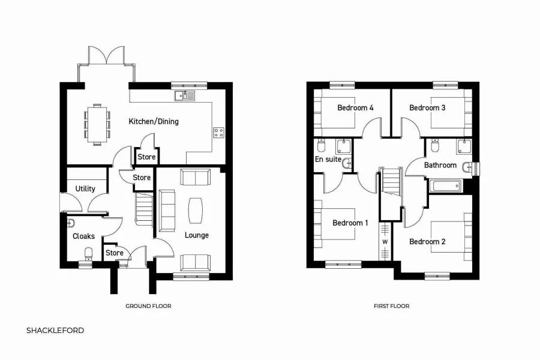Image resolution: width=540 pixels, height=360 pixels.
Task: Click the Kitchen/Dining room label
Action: tap(154, 121)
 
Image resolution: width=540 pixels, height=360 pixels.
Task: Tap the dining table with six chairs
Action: tap(97, 124)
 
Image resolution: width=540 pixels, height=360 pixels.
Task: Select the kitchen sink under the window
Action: tap(185, 95)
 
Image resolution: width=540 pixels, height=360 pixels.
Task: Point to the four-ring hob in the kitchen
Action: tap(218, 133)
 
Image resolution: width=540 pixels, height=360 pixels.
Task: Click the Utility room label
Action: tap(85, 188)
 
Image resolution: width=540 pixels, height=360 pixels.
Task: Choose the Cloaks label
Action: tap(83, 236)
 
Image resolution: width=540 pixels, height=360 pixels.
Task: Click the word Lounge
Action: tap(196, 235)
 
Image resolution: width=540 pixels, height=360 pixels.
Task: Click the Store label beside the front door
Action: tap(114, 253)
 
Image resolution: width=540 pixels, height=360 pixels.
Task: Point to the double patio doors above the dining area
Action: tap(107, 56)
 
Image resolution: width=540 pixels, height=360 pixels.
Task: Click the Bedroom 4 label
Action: tap(355, 108)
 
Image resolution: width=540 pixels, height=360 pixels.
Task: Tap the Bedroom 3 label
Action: tap(427, 108)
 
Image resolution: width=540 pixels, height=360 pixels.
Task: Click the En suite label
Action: tap(328, 160)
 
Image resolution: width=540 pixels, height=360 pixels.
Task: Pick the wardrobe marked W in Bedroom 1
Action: tap(385, 242)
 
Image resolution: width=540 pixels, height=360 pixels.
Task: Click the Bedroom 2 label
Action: tap(427, 241)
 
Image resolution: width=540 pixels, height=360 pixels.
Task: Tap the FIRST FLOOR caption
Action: tap(391, 306)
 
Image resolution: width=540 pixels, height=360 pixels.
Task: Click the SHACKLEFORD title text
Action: tap(55, 330)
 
